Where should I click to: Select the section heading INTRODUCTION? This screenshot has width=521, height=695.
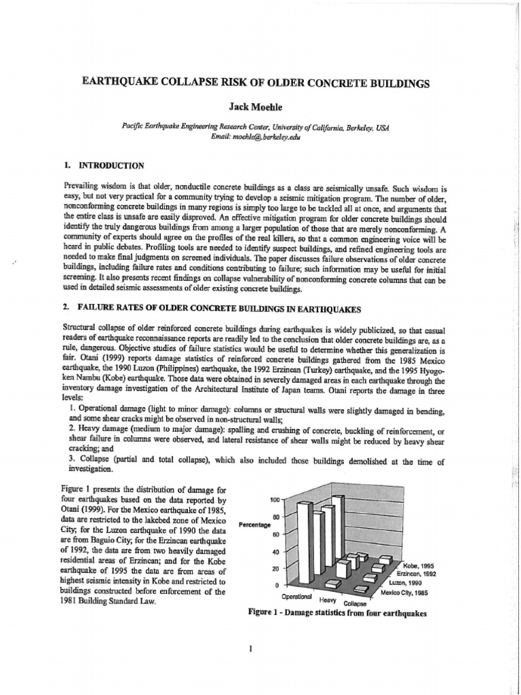tap(111, 165)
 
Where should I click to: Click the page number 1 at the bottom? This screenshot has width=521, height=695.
tap(252, 647)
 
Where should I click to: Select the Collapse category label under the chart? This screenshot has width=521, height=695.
tap(355, 603)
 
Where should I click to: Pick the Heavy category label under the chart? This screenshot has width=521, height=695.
tap(328, 600)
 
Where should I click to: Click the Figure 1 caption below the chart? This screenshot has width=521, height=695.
tap(337, 614)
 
